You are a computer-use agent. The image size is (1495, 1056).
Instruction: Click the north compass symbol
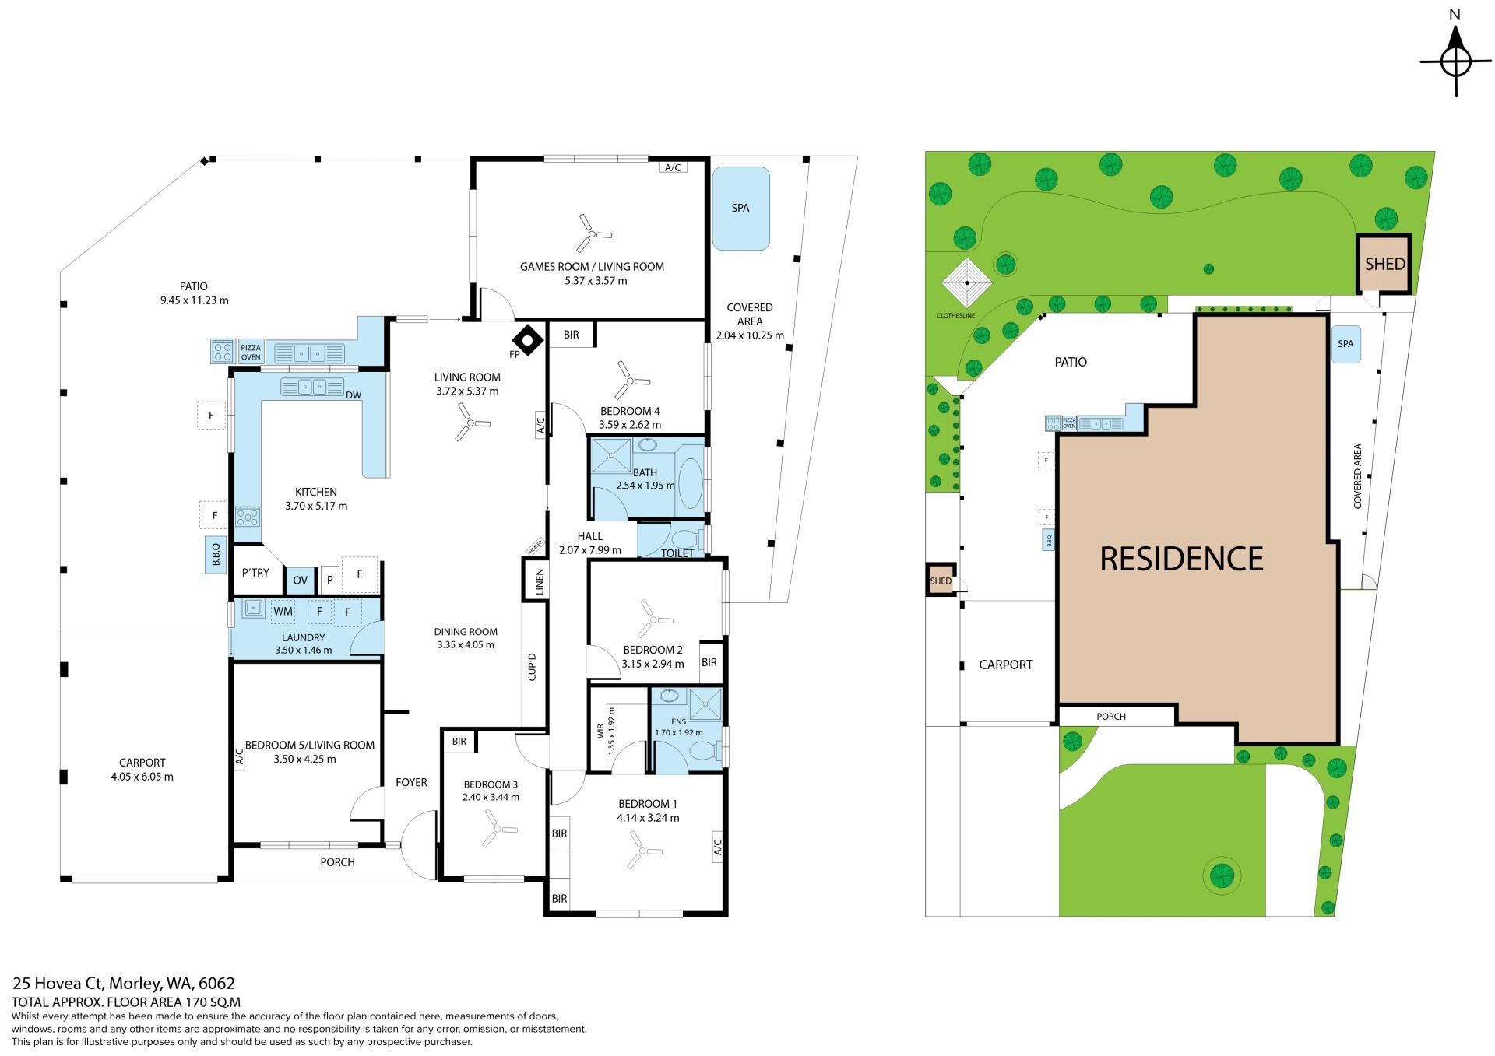click(x=1455, y=61)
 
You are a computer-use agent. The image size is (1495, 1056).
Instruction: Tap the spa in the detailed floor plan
click(x=740, y=209)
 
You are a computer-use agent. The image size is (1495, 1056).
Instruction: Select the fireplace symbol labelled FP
click(x=528, y=340)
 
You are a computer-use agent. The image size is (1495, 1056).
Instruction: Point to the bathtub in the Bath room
click(x=690, y=483)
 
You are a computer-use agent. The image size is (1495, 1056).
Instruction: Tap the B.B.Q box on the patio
click(x=216, y=555)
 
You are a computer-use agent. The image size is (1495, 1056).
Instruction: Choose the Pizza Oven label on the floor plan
click(x=251, y=353)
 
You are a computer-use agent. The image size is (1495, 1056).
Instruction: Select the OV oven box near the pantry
click(x=301, y=580)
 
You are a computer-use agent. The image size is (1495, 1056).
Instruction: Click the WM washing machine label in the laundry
click(x=283, y=611)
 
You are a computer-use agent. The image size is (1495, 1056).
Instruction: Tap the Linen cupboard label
click(x=539, y=581)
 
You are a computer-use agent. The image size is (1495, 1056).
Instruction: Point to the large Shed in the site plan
click(x=1384, y=264)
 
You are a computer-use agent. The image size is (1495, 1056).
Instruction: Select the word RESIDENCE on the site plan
click(x=1181, y=559)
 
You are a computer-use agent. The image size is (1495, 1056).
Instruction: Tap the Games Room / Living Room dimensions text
click(x=592, y=281)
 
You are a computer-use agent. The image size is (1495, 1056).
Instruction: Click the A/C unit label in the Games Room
click(x=673, y=167)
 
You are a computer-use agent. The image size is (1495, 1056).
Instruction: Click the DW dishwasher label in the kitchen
click(x=354, y=395)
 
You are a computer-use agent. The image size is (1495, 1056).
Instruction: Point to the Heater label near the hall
click(x=534, y=547)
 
